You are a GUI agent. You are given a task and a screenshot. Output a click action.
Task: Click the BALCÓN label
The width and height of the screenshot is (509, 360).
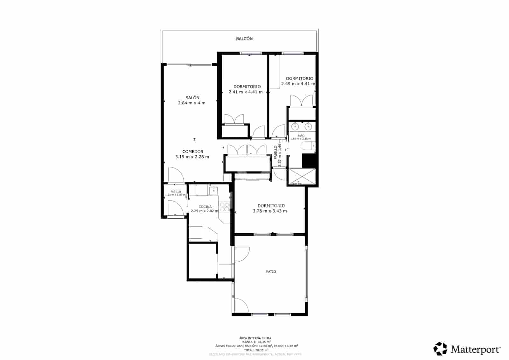(x=244, y=39)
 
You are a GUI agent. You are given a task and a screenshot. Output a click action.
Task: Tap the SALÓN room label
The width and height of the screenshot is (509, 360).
(x=192, y=98)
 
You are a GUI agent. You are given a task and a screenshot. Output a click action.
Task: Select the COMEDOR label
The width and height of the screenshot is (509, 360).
(x=193, y=152)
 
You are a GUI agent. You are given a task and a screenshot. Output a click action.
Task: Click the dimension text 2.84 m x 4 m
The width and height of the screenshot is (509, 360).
(x=192, y=103)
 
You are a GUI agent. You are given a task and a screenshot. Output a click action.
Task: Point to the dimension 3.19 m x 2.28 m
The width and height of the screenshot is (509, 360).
(x=192, y=157)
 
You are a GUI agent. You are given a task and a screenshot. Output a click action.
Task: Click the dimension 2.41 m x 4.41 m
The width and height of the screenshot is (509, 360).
(x=246, y=92)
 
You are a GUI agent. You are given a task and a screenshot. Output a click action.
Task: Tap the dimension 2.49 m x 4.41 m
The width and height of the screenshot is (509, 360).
(x=298, y=84)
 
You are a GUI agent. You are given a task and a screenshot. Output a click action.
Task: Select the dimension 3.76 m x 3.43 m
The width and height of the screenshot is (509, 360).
(x=270, y=211)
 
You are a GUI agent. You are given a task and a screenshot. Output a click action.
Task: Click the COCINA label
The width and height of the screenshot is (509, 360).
(x=205, y=207)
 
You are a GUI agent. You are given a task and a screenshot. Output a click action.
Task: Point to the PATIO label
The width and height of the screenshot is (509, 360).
(x=271, y=272)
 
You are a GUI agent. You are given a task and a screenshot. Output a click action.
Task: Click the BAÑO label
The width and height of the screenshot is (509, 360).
(x=301, y=136)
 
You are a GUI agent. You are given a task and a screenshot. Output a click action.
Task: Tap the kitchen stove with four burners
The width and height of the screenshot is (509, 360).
(x=225, y=207)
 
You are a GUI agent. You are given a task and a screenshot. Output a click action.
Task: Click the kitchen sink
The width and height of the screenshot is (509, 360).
(x=213, y=191)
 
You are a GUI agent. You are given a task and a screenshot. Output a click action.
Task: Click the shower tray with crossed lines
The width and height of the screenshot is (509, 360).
(x=301, y=176)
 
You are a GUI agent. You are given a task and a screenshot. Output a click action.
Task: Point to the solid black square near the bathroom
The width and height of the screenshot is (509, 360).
(x=309, y=160)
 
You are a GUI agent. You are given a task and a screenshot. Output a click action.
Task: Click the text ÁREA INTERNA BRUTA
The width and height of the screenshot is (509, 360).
(x=255, y=338)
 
